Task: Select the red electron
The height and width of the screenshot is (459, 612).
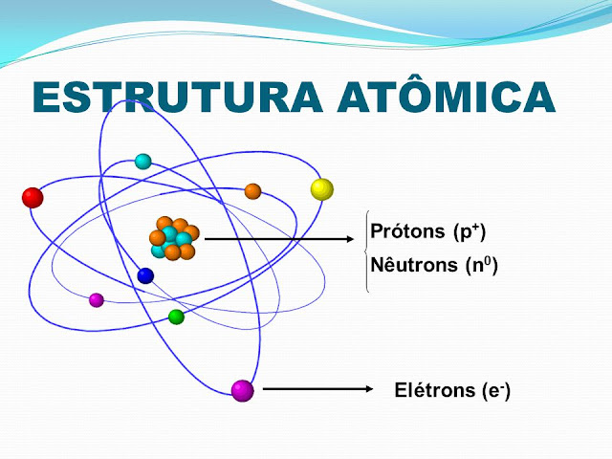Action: pos(33,198)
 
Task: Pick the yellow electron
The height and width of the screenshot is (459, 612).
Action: pos(322,189)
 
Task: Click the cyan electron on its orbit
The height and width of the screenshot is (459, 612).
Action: pos(142,162)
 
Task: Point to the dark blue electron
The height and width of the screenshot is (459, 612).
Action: pos(145,275)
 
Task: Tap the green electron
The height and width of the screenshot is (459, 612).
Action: pos(176,317)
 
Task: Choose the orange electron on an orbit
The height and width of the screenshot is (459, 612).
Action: pos(252,191)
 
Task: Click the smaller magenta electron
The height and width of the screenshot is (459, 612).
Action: pos(97,300)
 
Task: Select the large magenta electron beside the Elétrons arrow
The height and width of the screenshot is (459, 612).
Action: pos(242,390)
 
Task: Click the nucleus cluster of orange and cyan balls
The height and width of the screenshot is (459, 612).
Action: pos(174,238)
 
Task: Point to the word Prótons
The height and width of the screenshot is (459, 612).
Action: pos(407,231)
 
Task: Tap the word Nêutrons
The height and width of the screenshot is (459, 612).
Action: pos(414,265)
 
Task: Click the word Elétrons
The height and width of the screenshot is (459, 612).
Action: pos(435,390)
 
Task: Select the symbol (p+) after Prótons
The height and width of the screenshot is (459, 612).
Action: pos(470,231)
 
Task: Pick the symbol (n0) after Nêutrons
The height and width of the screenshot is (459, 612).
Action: pos(482,266)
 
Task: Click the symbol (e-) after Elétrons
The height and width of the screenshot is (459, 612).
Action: pos(496,391)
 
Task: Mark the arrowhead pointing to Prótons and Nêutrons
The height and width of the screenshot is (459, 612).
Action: pos(350,239)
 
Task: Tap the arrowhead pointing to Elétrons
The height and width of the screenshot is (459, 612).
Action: pos(369,389)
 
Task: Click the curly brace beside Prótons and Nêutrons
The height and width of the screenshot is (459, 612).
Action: pos(367,251)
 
